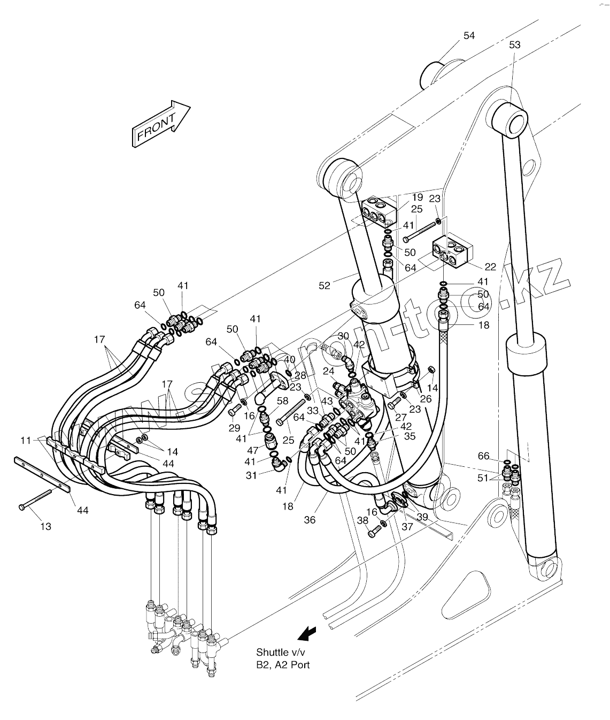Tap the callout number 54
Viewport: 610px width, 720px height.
coord(469,35)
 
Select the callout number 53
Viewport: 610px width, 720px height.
coord(514,45)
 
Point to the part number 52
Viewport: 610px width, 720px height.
coord(325,286)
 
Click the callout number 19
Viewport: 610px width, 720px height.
coord(417,197)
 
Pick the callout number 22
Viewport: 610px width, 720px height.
coord(490,267)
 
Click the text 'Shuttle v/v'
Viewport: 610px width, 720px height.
coord(279,653)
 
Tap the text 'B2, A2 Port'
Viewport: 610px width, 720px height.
coord(283,665)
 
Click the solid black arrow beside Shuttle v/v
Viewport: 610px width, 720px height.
coord(306,633)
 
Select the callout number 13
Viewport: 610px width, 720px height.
coord(46,527)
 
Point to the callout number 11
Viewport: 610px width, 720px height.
coord(25,439)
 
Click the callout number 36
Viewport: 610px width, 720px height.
coord(310,520)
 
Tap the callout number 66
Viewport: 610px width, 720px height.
coord(483,456)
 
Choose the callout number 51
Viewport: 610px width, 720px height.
coord(483,478)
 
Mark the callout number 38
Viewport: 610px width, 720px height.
coord(363,520)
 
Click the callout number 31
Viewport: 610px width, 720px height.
coord(251,475)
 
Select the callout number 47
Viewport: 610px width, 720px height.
coord(252,450)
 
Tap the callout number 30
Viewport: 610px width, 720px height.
coord(343,336)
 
